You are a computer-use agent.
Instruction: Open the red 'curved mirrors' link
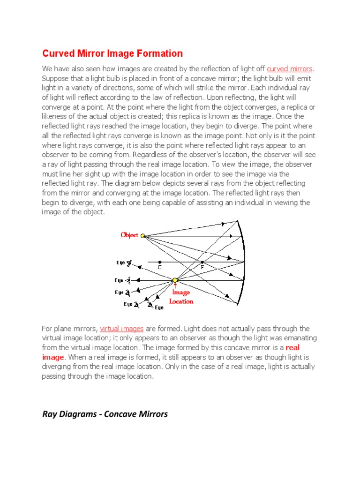pyautogui.click(x=289, y=69)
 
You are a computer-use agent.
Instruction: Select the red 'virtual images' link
pyautogui.click(x=122, y=329)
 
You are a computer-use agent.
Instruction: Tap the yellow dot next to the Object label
pyautogui.click(x=142, y=236)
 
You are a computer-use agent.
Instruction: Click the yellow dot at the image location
pyautogui.click(x=175, y=280)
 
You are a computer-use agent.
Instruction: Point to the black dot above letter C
pyautogui.click(x=160, y=262)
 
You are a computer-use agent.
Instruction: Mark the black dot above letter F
pyautogui.click(x=202, y=262)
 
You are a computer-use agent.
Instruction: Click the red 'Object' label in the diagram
pyautogui.click(x=129, y=235)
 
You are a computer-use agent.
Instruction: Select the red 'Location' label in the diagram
pyautogui.click(x=181, y=301)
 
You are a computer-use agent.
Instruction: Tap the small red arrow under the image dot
pyautogui.click(x=175, y=286)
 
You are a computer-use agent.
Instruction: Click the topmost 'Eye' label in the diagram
pyautogui.click(x=121, y=263)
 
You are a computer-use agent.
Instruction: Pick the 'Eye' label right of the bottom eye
pyautogui.click(x=159, y=307)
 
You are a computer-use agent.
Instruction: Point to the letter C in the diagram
pyautogui.click(x=160, y=267)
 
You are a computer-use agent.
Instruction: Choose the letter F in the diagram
pyautogui.click(x=202, y=267)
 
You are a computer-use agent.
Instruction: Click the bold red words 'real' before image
pyautogui.click(x=292, y=347)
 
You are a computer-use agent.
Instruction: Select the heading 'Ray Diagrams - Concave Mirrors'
pyautogui.click(x=105, y=414)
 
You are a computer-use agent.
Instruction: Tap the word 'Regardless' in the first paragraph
pyautogui.click(x=150, y=154)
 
